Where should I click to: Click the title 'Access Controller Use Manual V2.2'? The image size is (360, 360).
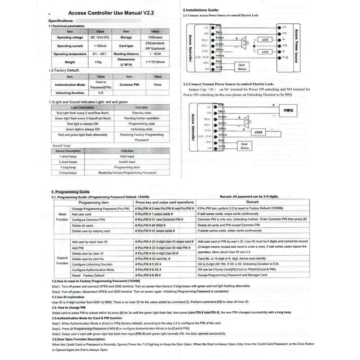[111, 13]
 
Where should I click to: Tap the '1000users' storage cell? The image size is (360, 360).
[154, 37]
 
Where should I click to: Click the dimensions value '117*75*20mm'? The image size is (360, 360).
[154, 62]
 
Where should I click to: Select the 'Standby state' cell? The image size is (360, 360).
[141, 113]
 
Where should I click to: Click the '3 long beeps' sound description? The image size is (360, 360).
[68, 173]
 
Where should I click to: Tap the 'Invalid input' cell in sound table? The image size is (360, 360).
[127, 162]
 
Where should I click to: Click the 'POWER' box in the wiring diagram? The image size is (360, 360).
[288, 111]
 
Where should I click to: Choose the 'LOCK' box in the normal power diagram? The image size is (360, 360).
[258, 132]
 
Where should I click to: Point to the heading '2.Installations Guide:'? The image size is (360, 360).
[201, 10]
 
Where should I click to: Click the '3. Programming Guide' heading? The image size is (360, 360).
[70, 192]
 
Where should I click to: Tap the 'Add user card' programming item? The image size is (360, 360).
[81, 214]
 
